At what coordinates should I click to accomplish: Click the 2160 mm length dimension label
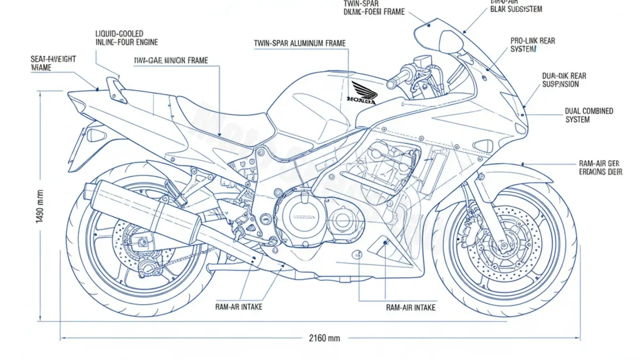[324, 338]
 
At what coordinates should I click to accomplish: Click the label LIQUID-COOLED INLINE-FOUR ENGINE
[126, 38]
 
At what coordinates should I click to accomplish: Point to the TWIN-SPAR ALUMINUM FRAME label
[300, 43]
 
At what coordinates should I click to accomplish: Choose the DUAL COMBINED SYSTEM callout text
[589, 115]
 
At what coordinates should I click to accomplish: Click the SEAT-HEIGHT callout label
[53, 63]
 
